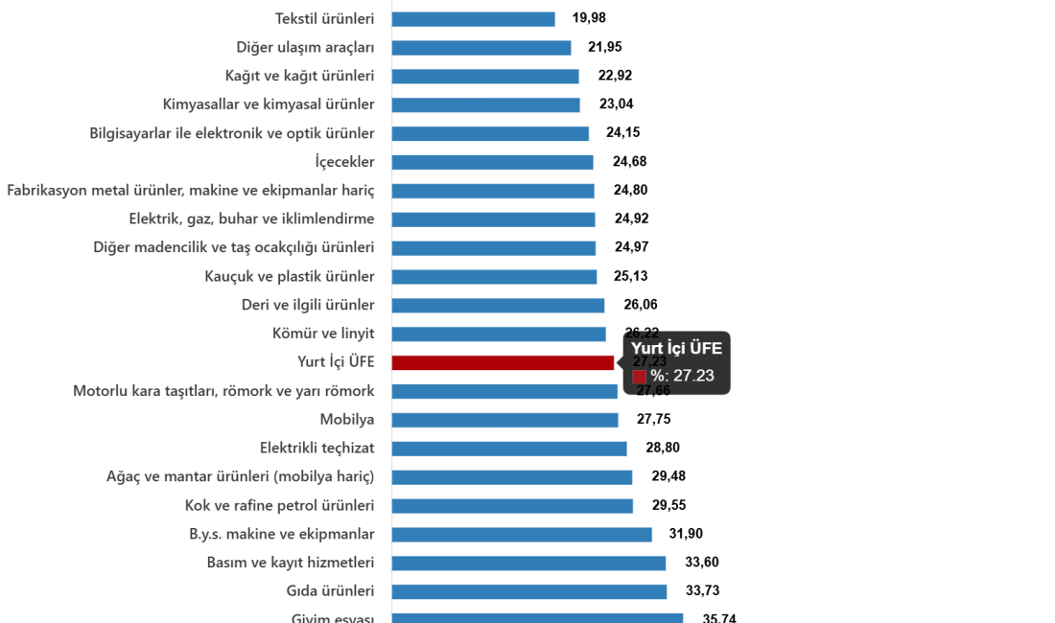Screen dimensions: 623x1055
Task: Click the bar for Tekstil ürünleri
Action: [x=473, y=19]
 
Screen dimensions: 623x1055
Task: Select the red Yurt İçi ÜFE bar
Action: [x=503, y=362]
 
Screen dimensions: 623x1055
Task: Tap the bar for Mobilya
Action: [x=504, y=420]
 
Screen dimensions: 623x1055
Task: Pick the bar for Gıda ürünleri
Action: [x=528, y=591]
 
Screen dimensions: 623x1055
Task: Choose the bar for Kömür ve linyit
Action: [x=499, y=334]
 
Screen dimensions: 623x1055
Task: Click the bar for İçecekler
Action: [x=492, y=162]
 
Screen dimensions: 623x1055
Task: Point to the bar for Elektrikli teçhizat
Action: [x=508, y=449]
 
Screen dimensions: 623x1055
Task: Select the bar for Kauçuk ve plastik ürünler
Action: [x=494, y=277]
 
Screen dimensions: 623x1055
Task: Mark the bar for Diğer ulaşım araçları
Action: [x=481, y=48]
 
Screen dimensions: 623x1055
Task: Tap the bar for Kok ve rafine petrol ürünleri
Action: [x=512, y=506]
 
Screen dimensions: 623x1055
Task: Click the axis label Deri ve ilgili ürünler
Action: [x=308, y=305]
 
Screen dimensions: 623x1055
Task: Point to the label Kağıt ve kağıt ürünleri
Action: [x=299, y=76]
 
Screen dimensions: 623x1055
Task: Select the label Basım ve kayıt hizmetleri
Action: [x=291, y=563]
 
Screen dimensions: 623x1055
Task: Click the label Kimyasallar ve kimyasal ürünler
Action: [x=269, y=104]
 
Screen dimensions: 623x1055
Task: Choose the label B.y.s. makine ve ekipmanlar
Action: [x=281, y=534]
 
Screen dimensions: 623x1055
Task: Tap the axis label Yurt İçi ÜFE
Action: [x=336, y=362]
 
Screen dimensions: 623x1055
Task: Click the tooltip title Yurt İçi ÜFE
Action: [x=676, y=349]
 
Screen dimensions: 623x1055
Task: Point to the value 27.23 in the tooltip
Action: [x=693, y=376]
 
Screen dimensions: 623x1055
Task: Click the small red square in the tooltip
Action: [x=639, y=377]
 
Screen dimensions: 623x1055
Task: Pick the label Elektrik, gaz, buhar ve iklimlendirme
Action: [x=251, y=219]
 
